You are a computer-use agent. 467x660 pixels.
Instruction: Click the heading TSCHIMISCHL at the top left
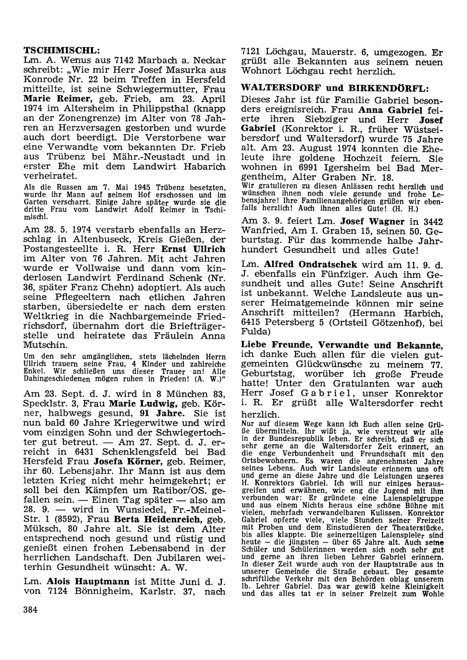[x=62, y=50]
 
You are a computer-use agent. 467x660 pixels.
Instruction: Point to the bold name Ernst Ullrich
[x=192, y=249]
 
